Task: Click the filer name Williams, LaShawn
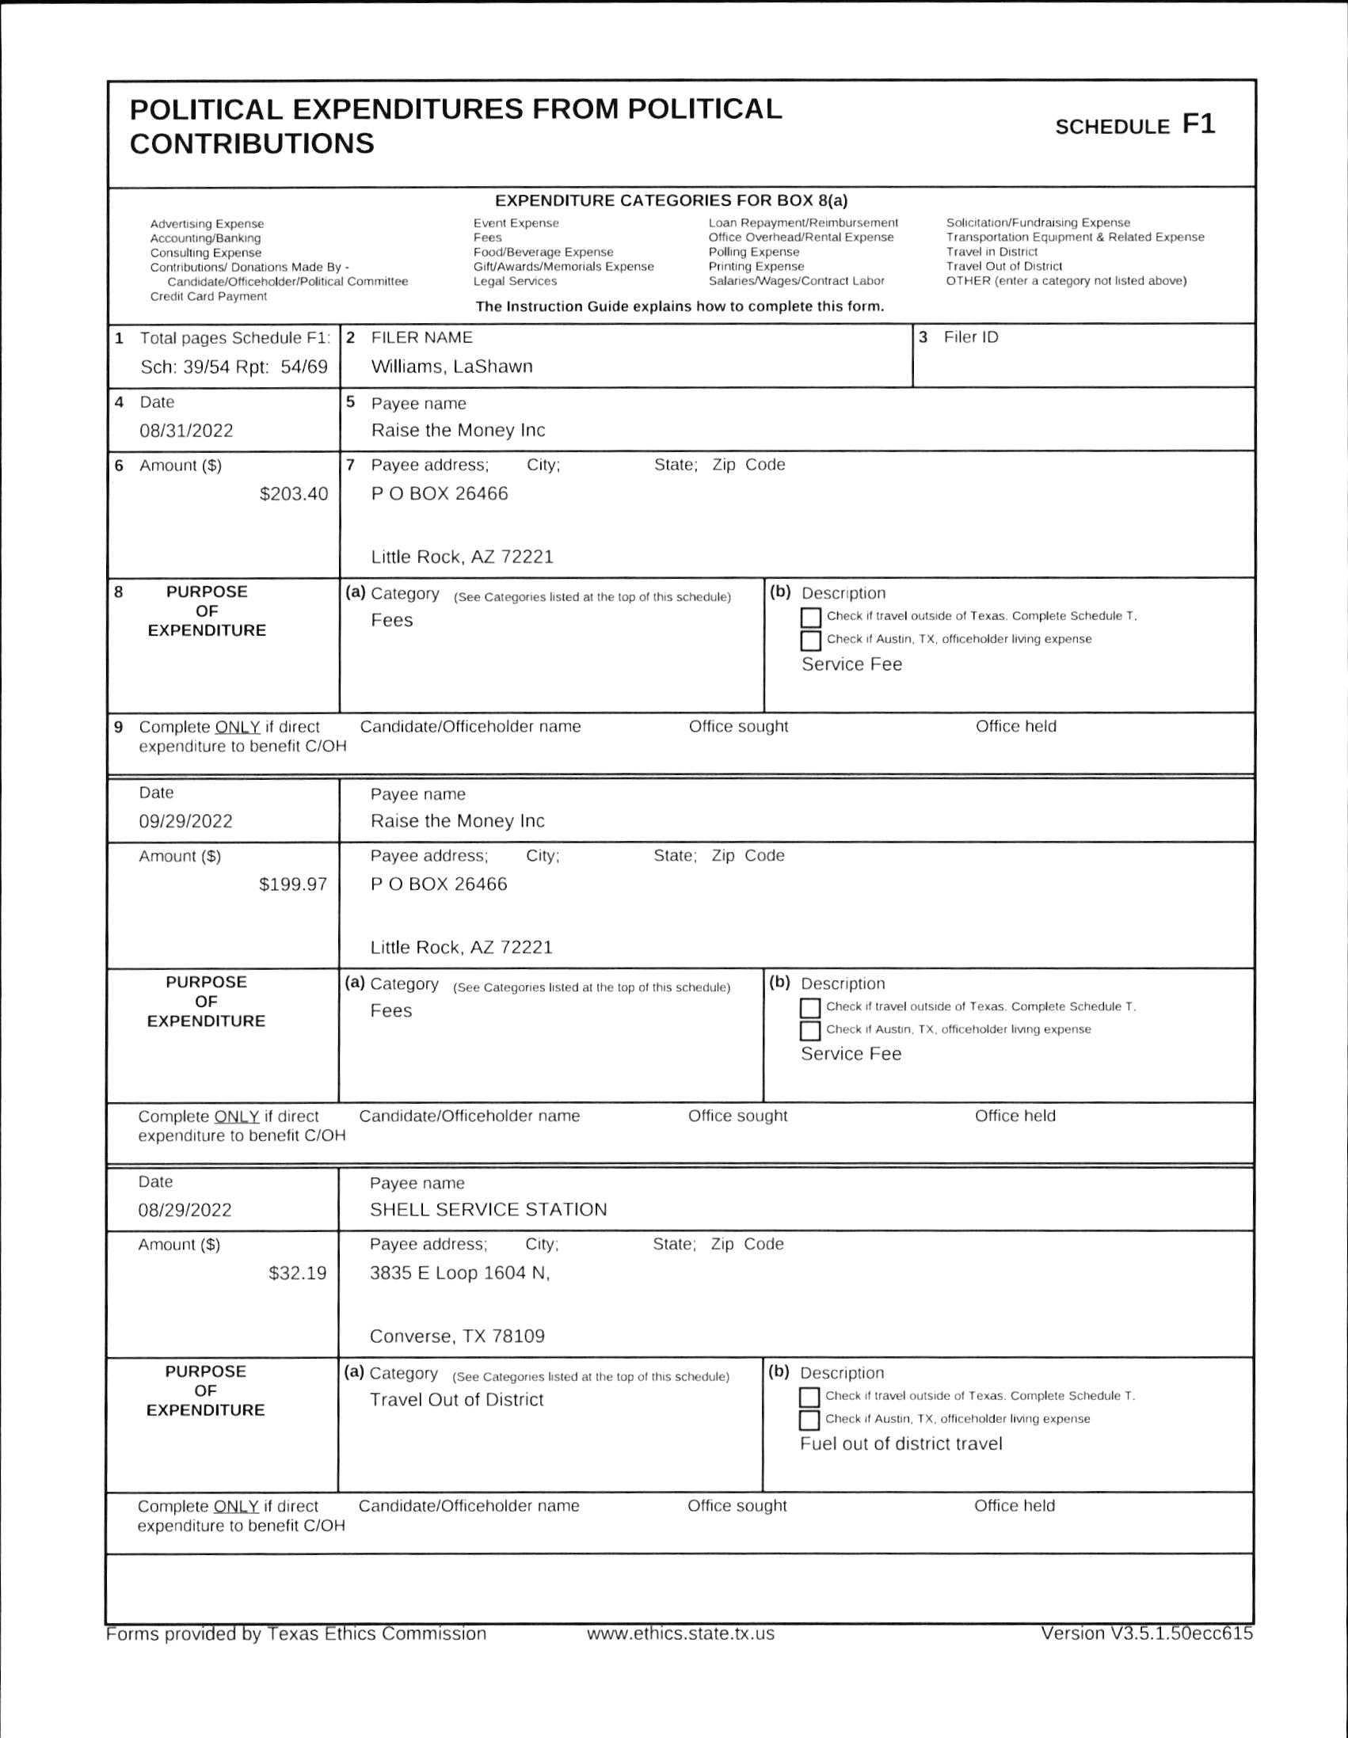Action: click(x=451, y=367)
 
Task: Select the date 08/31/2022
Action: click(x=186, y=431)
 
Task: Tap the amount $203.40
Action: click(x=294, y=494)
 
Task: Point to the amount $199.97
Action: click(x=293, y=884)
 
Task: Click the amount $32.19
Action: click(x=298, y=1273)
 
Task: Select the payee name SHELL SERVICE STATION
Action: click(x=488, y=1210)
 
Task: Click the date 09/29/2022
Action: click(x=185, y=821)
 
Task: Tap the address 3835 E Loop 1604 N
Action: click(x=459, y=1273)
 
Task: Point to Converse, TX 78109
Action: click(x=457, y=1336)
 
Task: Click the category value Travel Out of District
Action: click(x=456, y=1400)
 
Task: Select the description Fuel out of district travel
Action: click(x=901, y=1443)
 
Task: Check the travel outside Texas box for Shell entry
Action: click(x=809, y=1398)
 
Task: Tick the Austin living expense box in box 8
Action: click(x=810, y=641)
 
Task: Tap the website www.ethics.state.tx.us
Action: click(x=681, y=1633)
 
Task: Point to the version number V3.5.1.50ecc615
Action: click(x=1147, y=1633)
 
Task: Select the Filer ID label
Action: click(x=969, y=337)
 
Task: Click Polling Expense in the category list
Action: click(x=753, y=253)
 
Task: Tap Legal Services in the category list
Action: click(x=515, y=281)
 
